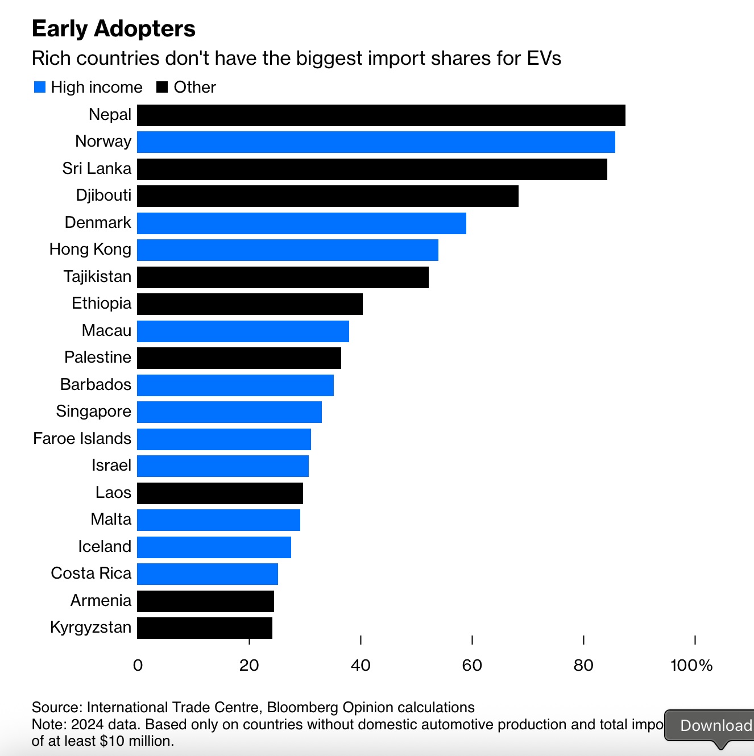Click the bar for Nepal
(381, 115)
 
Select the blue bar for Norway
(376, 142)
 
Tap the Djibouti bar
(328, 196)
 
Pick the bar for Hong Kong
(288, 250)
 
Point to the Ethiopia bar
(250, 304)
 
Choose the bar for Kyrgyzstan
(205, 628)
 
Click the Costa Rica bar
(208, 574)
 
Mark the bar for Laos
(220, 493)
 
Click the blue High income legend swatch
(40, 87)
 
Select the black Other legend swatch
(162, 87)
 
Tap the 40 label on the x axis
(361, 665)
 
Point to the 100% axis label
(691, 665)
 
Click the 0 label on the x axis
(138, 665)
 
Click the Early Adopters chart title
(114, 28)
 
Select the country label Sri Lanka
(97, 169)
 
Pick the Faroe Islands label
(82, 439)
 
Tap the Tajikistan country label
(97, 277)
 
